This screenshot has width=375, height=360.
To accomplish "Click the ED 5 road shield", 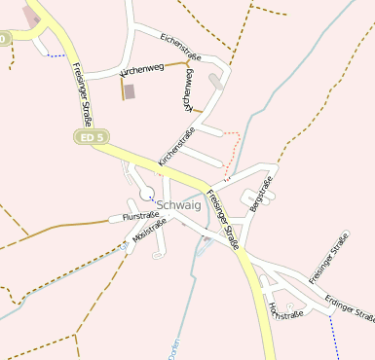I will [89, 137].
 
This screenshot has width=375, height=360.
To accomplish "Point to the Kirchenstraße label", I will [177, 146].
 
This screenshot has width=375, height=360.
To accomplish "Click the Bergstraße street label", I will [261, 194].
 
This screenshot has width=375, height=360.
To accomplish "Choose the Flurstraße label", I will [140, 216].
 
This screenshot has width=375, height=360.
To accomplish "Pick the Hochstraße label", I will [284, 310].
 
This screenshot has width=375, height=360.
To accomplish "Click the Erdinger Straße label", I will [350, 308].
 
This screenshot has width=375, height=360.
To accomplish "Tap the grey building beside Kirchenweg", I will [131, 90].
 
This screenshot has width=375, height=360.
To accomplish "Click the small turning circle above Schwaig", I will [146, 191].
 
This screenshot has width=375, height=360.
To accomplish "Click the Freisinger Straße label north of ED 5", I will [82, 95].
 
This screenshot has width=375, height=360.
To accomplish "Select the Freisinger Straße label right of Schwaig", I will [224, 219].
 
